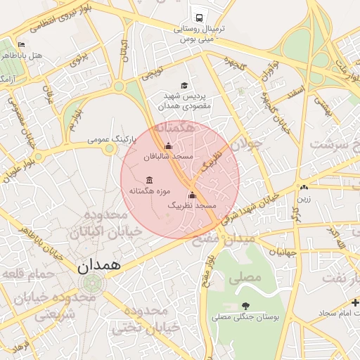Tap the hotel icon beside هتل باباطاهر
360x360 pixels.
point(21,44)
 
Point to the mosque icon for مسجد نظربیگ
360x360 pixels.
point(191,195)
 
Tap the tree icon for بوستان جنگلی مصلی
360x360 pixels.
point(245,306)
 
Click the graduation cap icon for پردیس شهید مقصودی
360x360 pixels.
point(184,85)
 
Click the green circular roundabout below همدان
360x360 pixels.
point(90,285)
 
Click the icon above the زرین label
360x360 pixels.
point(303,188)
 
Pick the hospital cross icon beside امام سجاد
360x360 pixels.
point(356,303)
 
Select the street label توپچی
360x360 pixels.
point(153,75)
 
